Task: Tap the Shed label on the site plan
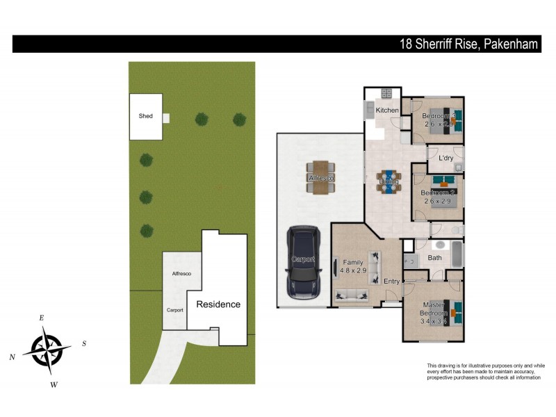[145, 116]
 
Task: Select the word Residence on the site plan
[218, 304]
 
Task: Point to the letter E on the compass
[42, 318]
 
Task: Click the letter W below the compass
[54, 384]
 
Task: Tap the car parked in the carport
[303, 263]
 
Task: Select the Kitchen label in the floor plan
[387, 111]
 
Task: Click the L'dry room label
[446, 158]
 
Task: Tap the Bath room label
[435, 258]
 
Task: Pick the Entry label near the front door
[391, 281]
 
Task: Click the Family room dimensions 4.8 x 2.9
[354, 270]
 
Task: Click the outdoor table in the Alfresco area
[320, 177]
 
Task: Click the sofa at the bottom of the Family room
[352, 296]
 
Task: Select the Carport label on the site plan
[174, 310]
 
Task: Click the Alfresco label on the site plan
[181, 275]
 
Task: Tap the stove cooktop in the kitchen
[386, 94]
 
